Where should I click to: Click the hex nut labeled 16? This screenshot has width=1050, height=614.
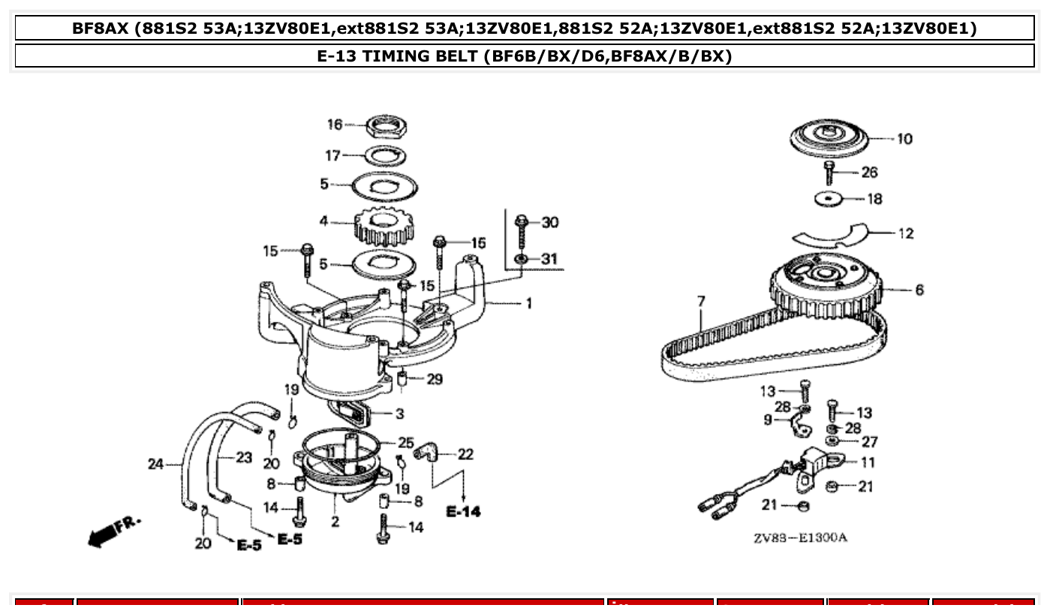click(x=387, y=127)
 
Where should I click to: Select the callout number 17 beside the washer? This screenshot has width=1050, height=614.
click(x=332, y=155)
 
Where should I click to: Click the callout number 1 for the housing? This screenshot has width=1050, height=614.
click(x=528, y=303)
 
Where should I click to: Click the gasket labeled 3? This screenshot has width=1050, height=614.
click(x=353, y=411)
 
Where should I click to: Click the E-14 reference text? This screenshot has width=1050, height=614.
click(x=463, y=512)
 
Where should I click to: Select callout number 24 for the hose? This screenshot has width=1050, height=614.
click(x=156, y=465)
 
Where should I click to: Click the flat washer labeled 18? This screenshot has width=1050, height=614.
click(x=829, y=200)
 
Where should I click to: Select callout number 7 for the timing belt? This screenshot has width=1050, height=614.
click(x=701, y=302)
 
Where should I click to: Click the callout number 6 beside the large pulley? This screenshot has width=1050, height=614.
click(x=919, y=290)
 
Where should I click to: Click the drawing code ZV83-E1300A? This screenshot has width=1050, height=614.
click(x=801, y=537)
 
